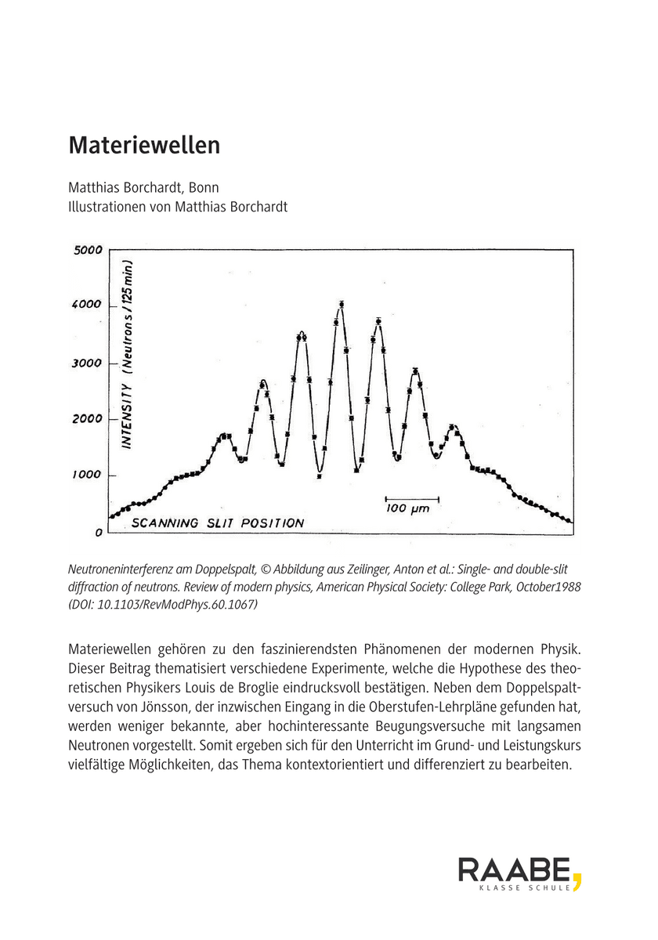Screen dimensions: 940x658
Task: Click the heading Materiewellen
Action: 144,146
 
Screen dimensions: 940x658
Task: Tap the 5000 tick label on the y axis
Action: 89,251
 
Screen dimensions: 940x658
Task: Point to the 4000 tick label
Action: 89,305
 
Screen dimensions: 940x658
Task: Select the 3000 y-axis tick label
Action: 89,363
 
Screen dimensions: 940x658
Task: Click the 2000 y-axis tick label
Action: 89,419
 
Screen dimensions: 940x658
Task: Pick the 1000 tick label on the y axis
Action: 89,475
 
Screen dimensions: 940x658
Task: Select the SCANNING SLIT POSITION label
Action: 217,523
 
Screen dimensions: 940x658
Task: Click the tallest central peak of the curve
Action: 342,304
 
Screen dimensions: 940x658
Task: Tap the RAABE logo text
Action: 514,870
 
